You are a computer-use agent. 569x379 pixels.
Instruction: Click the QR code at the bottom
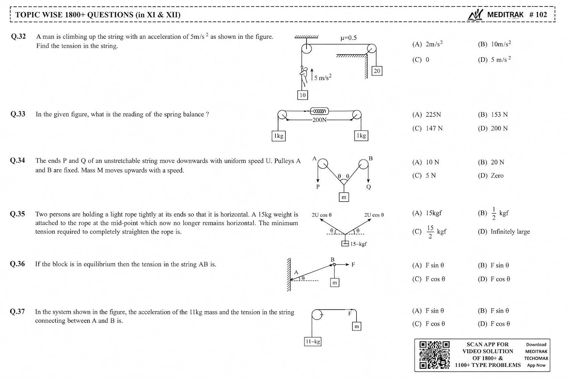434,355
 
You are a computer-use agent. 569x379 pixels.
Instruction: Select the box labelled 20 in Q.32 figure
377,71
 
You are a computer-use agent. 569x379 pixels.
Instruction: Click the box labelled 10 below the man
303,95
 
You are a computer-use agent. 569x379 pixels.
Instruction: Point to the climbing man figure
303,77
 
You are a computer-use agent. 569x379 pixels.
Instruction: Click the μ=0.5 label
349,38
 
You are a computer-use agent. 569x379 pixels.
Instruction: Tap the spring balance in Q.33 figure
319,111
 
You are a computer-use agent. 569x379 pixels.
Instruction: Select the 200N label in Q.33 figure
319,120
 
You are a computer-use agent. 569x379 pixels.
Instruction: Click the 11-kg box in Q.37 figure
313,341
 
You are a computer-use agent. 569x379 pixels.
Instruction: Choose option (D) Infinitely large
504,232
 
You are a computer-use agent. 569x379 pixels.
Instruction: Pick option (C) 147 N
427,128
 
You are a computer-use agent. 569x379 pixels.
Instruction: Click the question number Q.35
17,214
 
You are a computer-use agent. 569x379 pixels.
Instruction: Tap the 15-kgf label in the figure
358,244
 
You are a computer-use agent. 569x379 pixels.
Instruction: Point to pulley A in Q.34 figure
322,164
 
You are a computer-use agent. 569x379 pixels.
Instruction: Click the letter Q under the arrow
369,187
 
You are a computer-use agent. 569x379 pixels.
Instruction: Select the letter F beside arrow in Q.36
353,265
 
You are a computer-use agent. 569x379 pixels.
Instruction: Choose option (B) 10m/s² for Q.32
494,44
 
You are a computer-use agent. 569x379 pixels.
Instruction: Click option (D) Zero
490,175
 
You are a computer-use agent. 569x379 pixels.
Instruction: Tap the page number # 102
538,15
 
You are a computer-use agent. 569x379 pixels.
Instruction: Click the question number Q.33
18,114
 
